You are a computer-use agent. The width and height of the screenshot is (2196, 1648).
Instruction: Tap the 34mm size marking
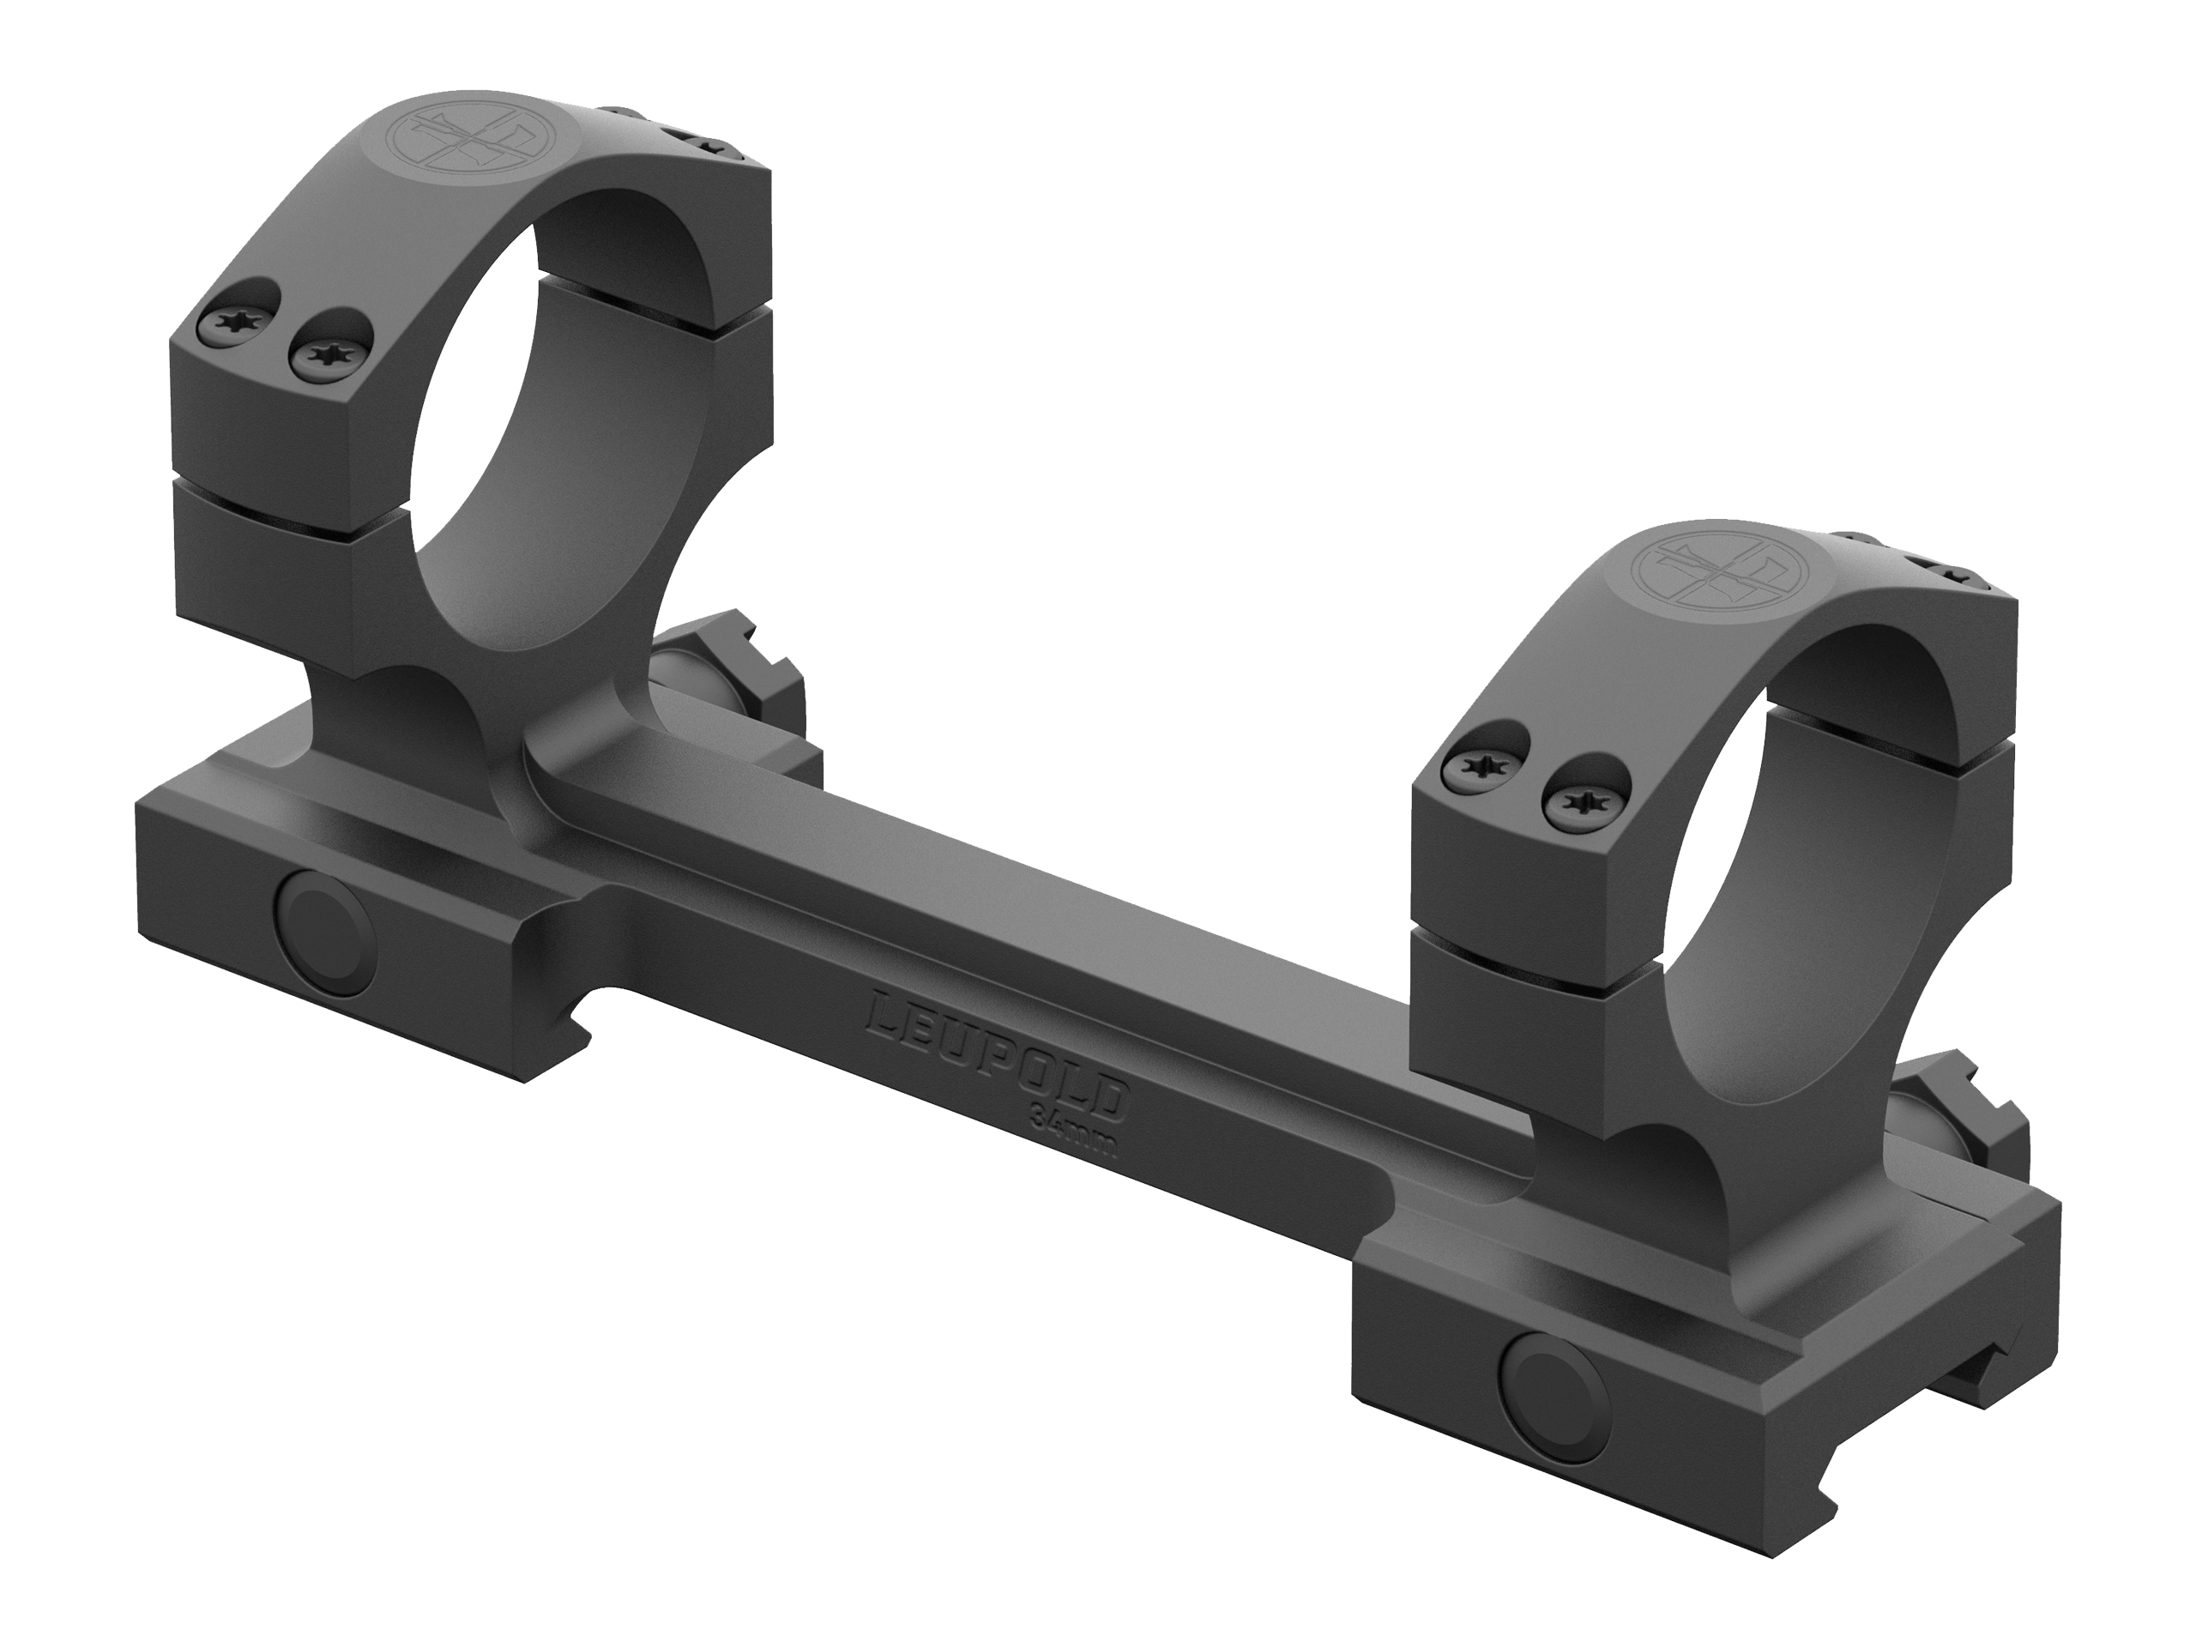point(1074,1131)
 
